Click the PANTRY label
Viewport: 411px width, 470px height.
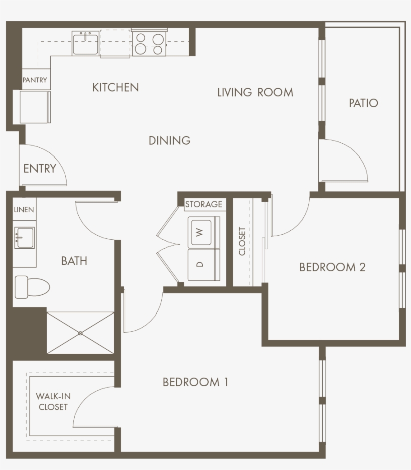(x=35, y=80)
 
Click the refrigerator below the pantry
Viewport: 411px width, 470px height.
(x=35, y=106)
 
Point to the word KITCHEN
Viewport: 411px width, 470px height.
(x=115, y=87)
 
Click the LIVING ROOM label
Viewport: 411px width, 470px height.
(x=255, y=92)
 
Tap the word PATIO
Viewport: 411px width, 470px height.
(x=363, y=103)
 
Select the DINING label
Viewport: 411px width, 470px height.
(x=170, y=141)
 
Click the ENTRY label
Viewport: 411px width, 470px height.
(x=39, y=169)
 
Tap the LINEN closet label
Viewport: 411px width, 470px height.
(x=24, y=209)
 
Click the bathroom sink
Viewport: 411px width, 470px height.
(x=24, y=237)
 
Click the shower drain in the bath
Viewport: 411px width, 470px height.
(x=81, y=333)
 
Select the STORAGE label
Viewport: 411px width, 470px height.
(x=203, y=204)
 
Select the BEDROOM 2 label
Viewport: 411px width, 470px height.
(x=332, y=267)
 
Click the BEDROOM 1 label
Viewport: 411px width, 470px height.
(x=195, y=382)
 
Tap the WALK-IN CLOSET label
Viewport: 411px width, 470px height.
(x=53, y=401)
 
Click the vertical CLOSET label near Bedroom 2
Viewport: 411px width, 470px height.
(x=242, y=241)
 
